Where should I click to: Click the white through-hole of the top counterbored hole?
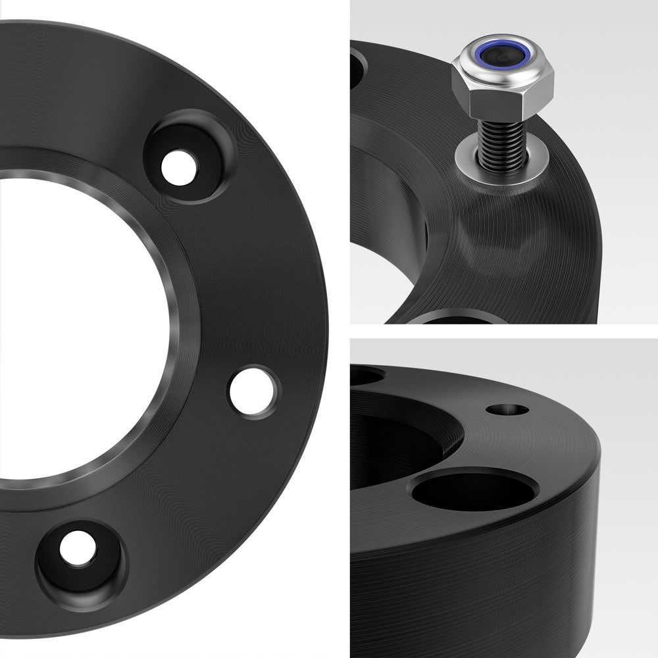tap(179, 168)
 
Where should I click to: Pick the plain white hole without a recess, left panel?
tap(252, 392)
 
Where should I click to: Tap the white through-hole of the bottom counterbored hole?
tap(78, 548)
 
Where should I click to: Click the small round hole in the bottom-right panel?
tap(507, 409)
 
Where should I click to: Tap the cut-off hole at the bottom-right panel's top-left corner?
tap(365, 376)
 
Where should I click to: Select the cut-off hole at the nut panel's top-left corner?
tap(357, 66)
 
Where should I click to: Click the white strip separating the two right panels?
tap(503, 331)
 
